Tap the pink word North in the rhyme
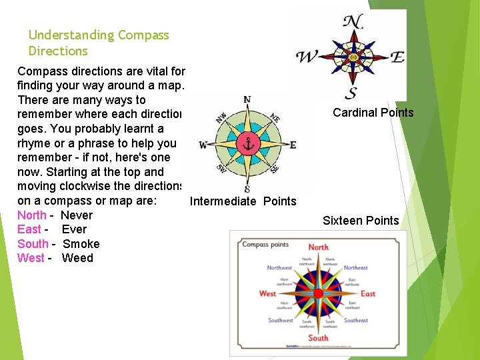(32, 215)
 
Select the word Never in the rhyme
(76, 215)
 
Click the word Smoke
(81, 244)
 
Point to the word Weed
(77, 258)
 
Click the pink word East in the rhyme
(29, 229)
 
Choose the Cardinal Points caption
(373, 113)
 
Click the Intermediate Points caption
(243, 201)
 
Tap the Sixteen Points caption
(361, 221)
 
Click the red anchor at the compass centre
(247, 144)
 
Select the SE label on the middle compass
(274, 167)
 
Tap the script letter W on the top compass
(307, 57)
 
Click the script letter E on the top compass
(397, 57)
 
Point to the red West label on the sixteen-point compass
(267, 293)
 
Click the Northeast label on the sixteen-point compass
(356, 268)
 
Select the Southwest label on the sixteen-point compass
(280, 321)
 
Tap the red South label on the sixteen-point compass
(318, 338)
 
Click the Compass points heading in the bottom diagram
(265, 245)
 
